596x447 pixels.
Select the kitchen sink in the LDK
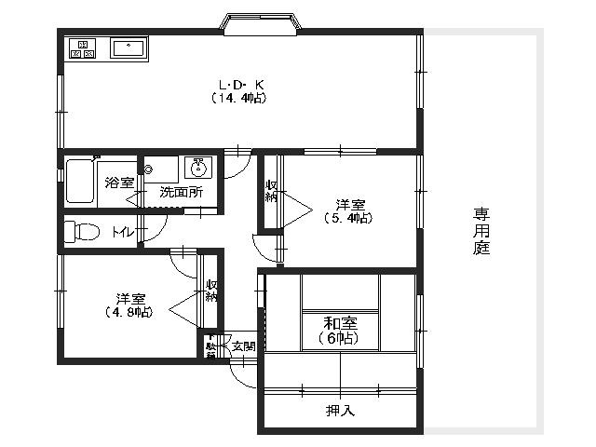point(127,48)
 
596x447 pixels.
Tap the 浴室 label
point(119,183)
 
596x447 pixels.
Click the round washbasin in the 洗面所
point(197,167)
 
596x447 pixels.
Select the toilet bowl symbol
point(82,230)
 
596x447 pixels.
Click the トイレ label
point(121,232)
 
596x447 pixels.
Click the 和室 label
point(338,323)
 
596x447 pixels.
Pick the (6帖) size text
point(338,338)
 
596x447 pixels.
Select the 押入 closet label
point(339,410)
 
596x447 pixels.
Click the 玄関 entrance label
point(243,346)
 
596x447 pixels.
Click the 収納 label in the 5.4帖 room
point(271,190)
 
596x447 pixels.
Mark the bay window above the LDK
point(260,23)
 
